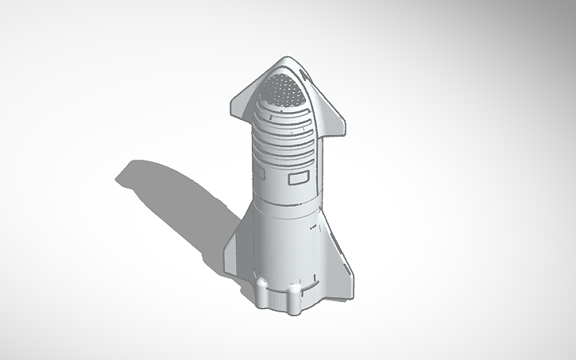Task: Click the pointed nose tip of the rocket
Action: (x=285, y=60)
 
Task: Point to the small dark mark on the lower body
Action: (x=312, y=226)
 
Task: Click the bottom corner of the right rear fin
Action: (x=349, y=278)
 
